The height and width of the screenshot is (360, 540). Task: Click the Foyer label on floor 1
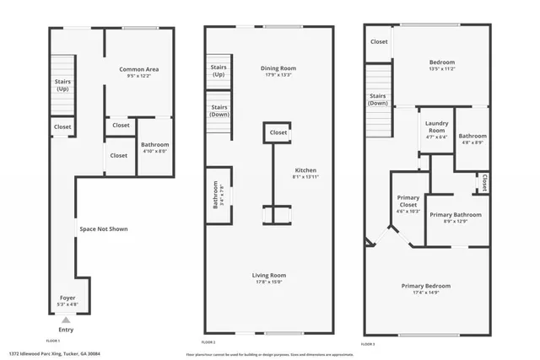(x=66, y=298)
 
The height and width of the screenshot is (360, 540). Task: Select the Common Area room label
(x=139, y=69)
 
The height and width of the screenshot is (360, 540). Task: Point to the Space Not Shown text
(x=104, y=228)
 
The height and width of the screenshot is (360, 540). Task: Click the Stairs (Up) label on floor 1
(x=62, y=85)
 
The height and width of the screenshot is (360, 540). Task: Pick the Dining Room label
(x=273, y=68)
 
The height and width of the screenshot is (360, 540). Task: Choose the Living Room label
(x=269, y=275)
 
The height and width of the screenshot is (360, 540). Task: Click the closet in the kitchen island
(x=278, y=132)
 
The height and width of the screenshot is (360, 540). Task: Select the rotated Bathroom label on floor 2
(x=215, y=196)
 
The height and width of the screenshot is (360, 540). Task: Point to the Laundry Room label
(x=436, y=127)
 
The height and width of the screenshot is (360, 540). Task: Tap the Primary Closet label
(x=408, y=201)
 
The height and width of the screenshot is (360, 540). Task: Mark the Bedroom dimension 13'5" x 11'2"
(x=442, y=70)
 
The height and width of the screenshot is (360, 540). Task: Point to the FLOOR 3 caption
(x=369, y=344)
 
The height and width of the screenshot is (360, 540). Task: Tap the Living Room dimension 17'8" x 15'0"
(x=269, y=282)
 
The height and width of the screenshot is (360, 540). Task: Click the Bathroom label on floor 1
(x=154, y=145)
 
